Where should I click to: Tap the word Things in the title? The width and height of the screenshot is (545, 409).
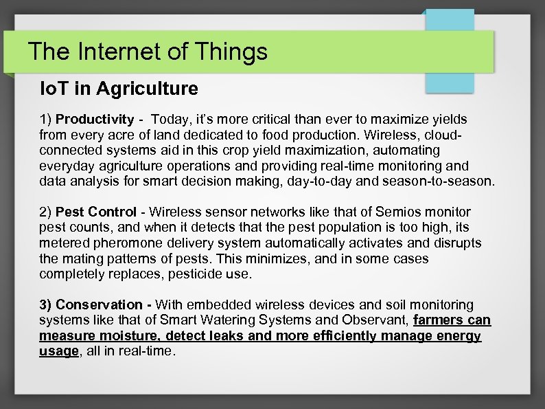point(230,52)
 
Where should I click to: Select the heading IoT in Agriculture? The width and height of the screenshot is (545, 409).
point(119,89)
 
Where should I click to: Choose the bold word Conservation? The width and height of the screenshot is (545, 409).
point(99,305)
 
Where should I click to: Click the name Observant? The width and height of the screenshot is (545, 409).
point(377,320)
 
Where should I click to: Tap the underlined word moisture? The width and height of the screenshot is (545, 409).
point(125,336)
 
